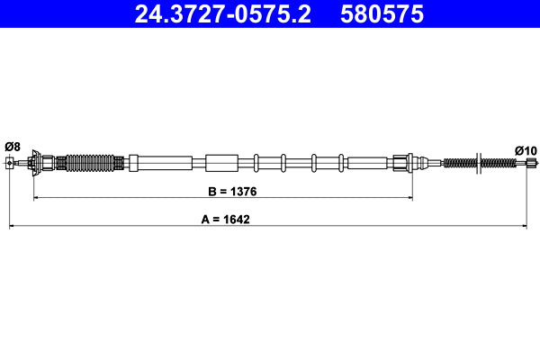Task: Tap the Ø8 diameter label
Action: click(x=12, y=146)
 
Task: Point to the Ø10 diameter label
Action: click(x=525, y=149)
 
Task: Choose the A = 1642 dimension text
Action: click(x=223, y=219)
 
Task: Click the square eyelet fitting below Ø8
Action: click(x=11, y=163)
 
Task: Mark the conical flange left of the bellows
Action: click(x=34, y=163)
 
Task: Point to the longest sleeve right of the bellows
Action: click(x=162, y=163)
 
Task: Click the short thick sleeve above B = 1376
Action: click(x=221, y=163)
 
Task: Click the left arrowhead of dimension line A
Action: click(x=12, y=226)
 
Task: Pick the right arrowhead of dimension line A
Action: click(x=524, y=226)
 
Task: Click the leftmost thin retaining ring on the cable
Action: click(x=256, y=163)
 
